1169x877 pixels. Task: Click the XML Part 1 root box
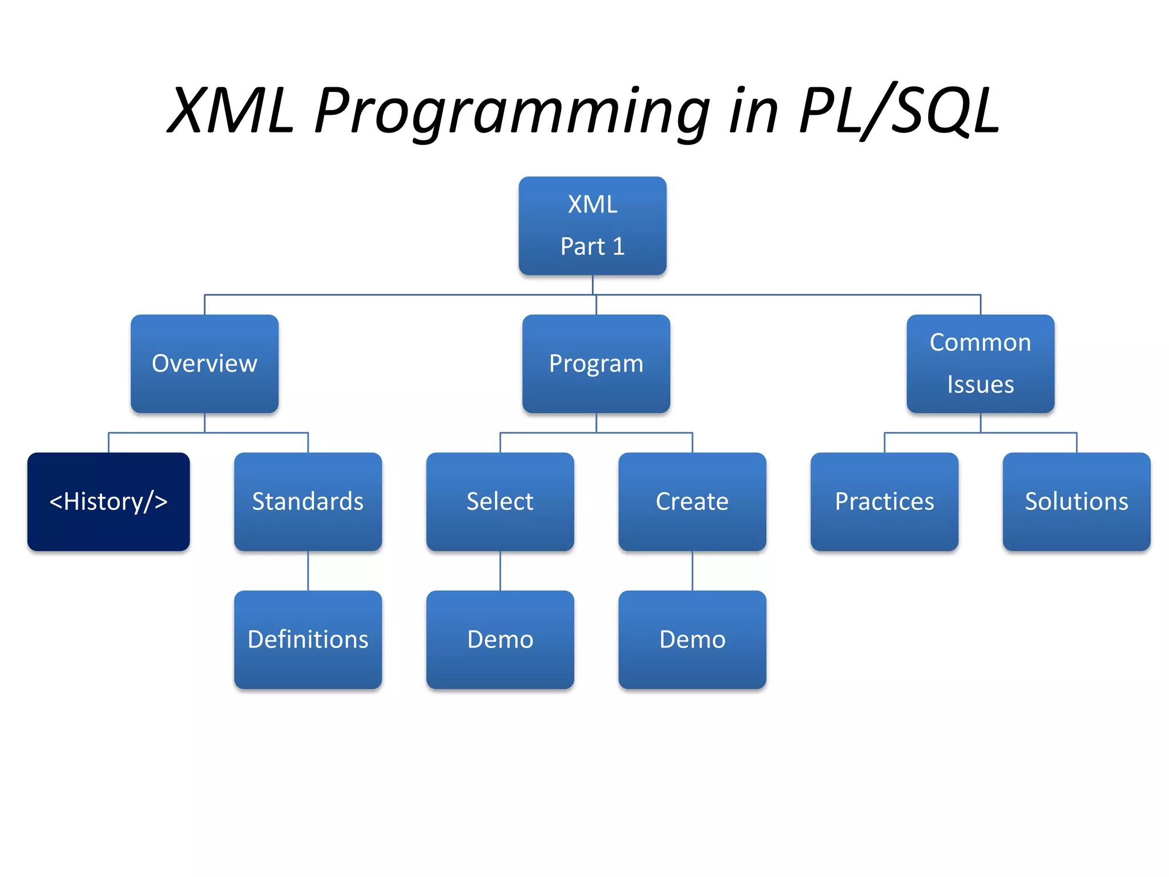[592, 226]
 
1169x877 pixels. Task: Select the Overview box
[204, 364]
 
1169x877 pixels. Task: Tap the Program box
[596, 364]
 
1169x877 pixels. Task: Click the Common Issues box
[980, 364]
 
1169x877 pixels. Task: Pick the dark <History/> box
[108, 501]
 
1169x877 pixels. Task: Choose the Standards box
[308, 501]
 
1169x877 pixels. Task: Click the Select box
[500, 501]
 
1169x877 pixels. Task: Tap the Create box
[692, 501]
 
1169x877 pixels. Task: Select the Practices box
[884, 501]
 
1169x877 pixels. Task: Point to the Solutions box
[1077, 501]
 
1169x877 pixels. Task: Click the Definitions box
[308, 639]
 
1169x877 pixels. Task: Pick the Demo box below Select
[500, 639]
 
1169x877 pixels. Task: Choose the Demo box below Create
[692, 639]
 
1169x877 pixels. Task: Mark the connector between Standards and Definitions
[308, 570]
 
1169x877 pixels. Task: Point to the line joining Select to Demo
[501, 570]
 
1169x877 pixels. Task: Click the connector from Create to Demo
[692, 570]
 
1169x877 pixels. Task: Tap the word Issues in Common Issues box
[980, 384]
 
